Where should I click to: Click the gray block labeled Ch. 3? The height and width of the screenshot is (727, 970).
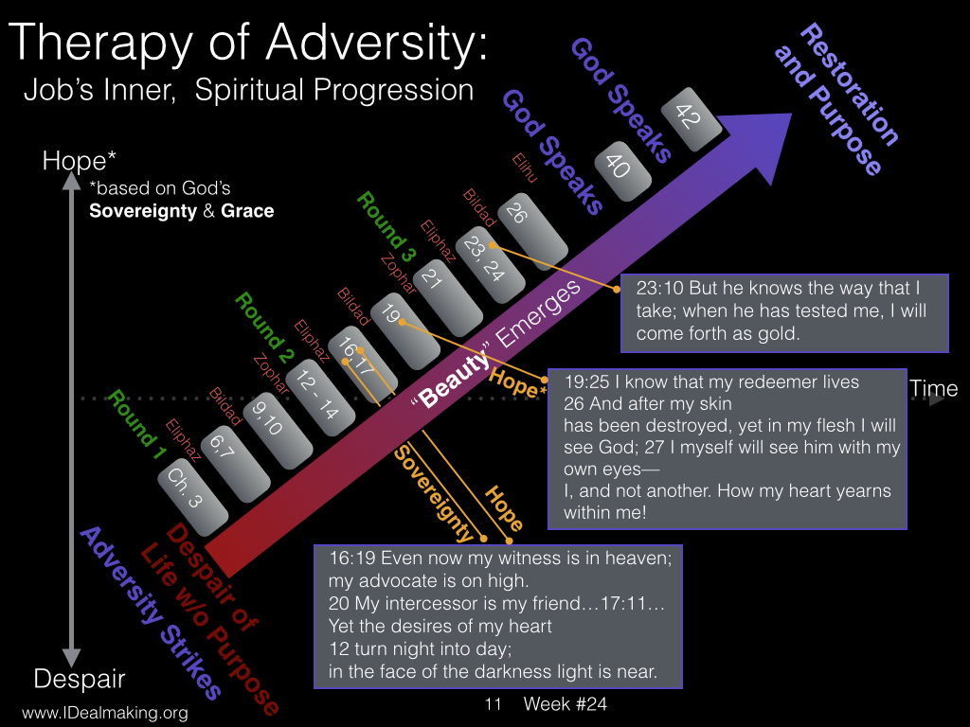[192, 497]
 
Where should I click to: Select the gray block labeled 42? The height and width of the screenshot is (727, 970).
[691, 119]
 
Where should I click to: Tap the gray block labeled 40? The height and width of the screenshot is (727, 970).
[623, 171]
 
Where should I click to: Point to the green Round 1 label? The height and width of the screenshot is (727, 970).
[136, 425]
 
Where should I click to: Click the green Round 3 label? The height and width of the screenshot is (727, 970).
[386, 227]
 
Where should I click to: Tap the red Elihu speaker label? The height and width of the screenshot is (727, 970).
[524, 168]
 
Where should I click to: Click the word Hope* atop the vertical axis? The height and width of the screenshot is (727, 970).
[79, 161]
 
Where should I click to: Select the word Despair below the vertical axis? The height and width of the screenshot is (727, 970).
[80, 678]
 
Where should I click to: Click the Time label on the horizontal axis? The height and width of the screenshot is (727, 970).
[933, 388]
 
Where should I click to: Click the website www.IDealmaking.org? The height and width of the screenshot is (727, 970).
[105, 713]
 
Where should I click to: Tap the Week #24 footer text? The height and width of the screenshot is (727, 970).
[565, 703]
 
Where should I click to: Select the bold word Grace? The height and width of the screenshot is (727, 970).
[247, 211]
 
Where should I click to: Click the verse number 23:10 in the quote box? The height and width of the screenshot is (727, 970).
[659, 288]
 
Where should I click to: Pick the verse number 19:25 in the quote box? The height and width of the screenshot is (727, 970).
[586, 382]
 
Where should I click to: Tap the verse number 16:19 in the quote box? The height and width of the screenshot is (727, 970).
[352, 559]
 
